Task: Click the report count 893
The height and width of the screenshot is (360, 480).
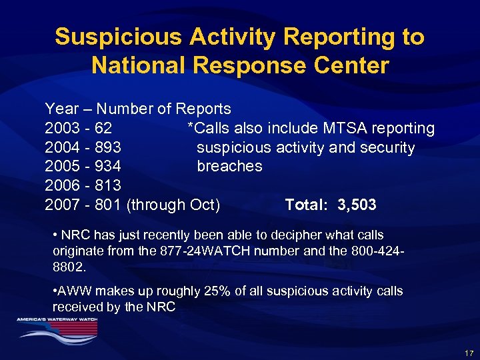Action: pyautogui.click(x=108, y=147)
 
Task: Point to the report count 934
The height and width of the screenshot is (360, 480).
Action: pyautogui.click(x=108, y=166)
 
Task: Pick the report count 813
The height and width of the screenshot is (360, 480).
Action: pyautogui.click(x=108, y=185)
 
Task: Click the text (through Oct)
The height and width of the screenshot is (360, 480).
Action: pyautogui.click(x=173, y=205)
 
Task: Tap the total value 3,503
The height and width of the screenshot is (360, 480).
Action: pyautogui.click(x=357, y=205)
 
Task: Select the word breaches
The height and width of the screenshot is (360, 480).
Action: pyautogui.click(x=229, y=166)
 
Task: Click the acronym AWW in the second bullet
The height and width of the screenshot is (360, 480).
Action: pyautogui.click(x=71, y=291)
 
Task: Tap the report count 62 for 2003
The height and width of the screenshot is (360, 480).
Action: pyautogui.click(x=103, y=128)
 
